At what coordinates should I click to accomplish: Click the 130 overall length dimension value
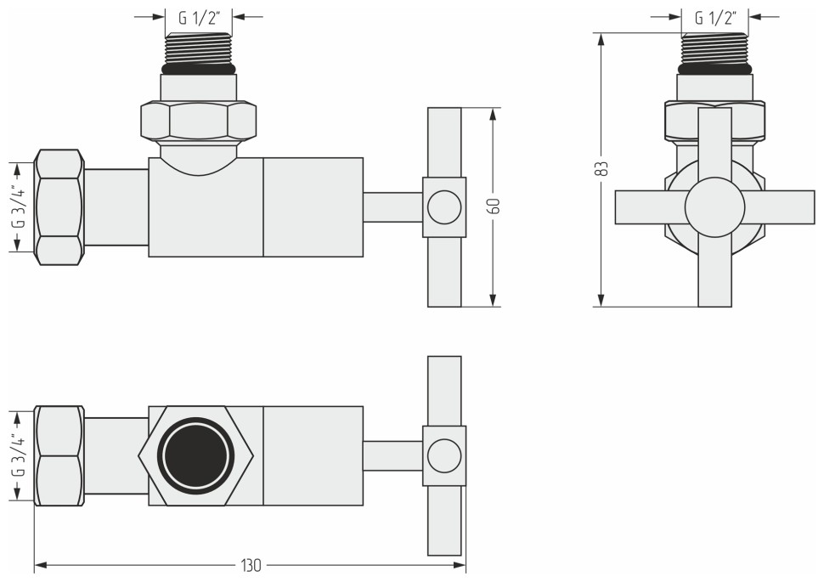pyautogui.click(x=250, y=565)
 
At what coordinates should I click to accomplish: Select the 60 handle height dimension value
pyautogui.click(x=494, y=206)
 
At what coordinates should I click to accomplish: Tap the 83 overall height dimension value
pyautogui.click(x=601, y=169)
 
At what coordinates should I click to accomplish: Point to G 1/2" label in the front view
pyautogui.click(x=199, y=17)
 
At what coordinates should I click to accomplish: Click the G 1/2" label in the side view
pyautogui.click(x=715, y=17)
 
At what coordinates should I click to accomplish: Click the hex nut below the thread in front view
pyautogui.click(x=199, y=121)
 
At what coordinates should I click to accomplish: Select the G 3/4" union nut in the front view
pyautogui.click(x=59, y=207)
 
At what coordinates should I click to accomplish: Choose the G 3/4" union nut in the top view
pyautogui.click(x=59, y=456)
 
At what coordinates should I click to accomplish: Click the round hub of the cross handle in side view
pyautogui.click(x=714, y=206)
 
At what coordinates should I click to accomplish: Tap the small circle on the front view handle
pyautogui.click(x=443, y=206)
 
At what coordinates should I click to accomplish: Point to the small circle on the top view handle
pyautogui.click(x=443, y=456)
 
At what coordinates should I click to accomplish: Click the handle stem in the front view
pyautogui.click(x=392, y=206)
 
